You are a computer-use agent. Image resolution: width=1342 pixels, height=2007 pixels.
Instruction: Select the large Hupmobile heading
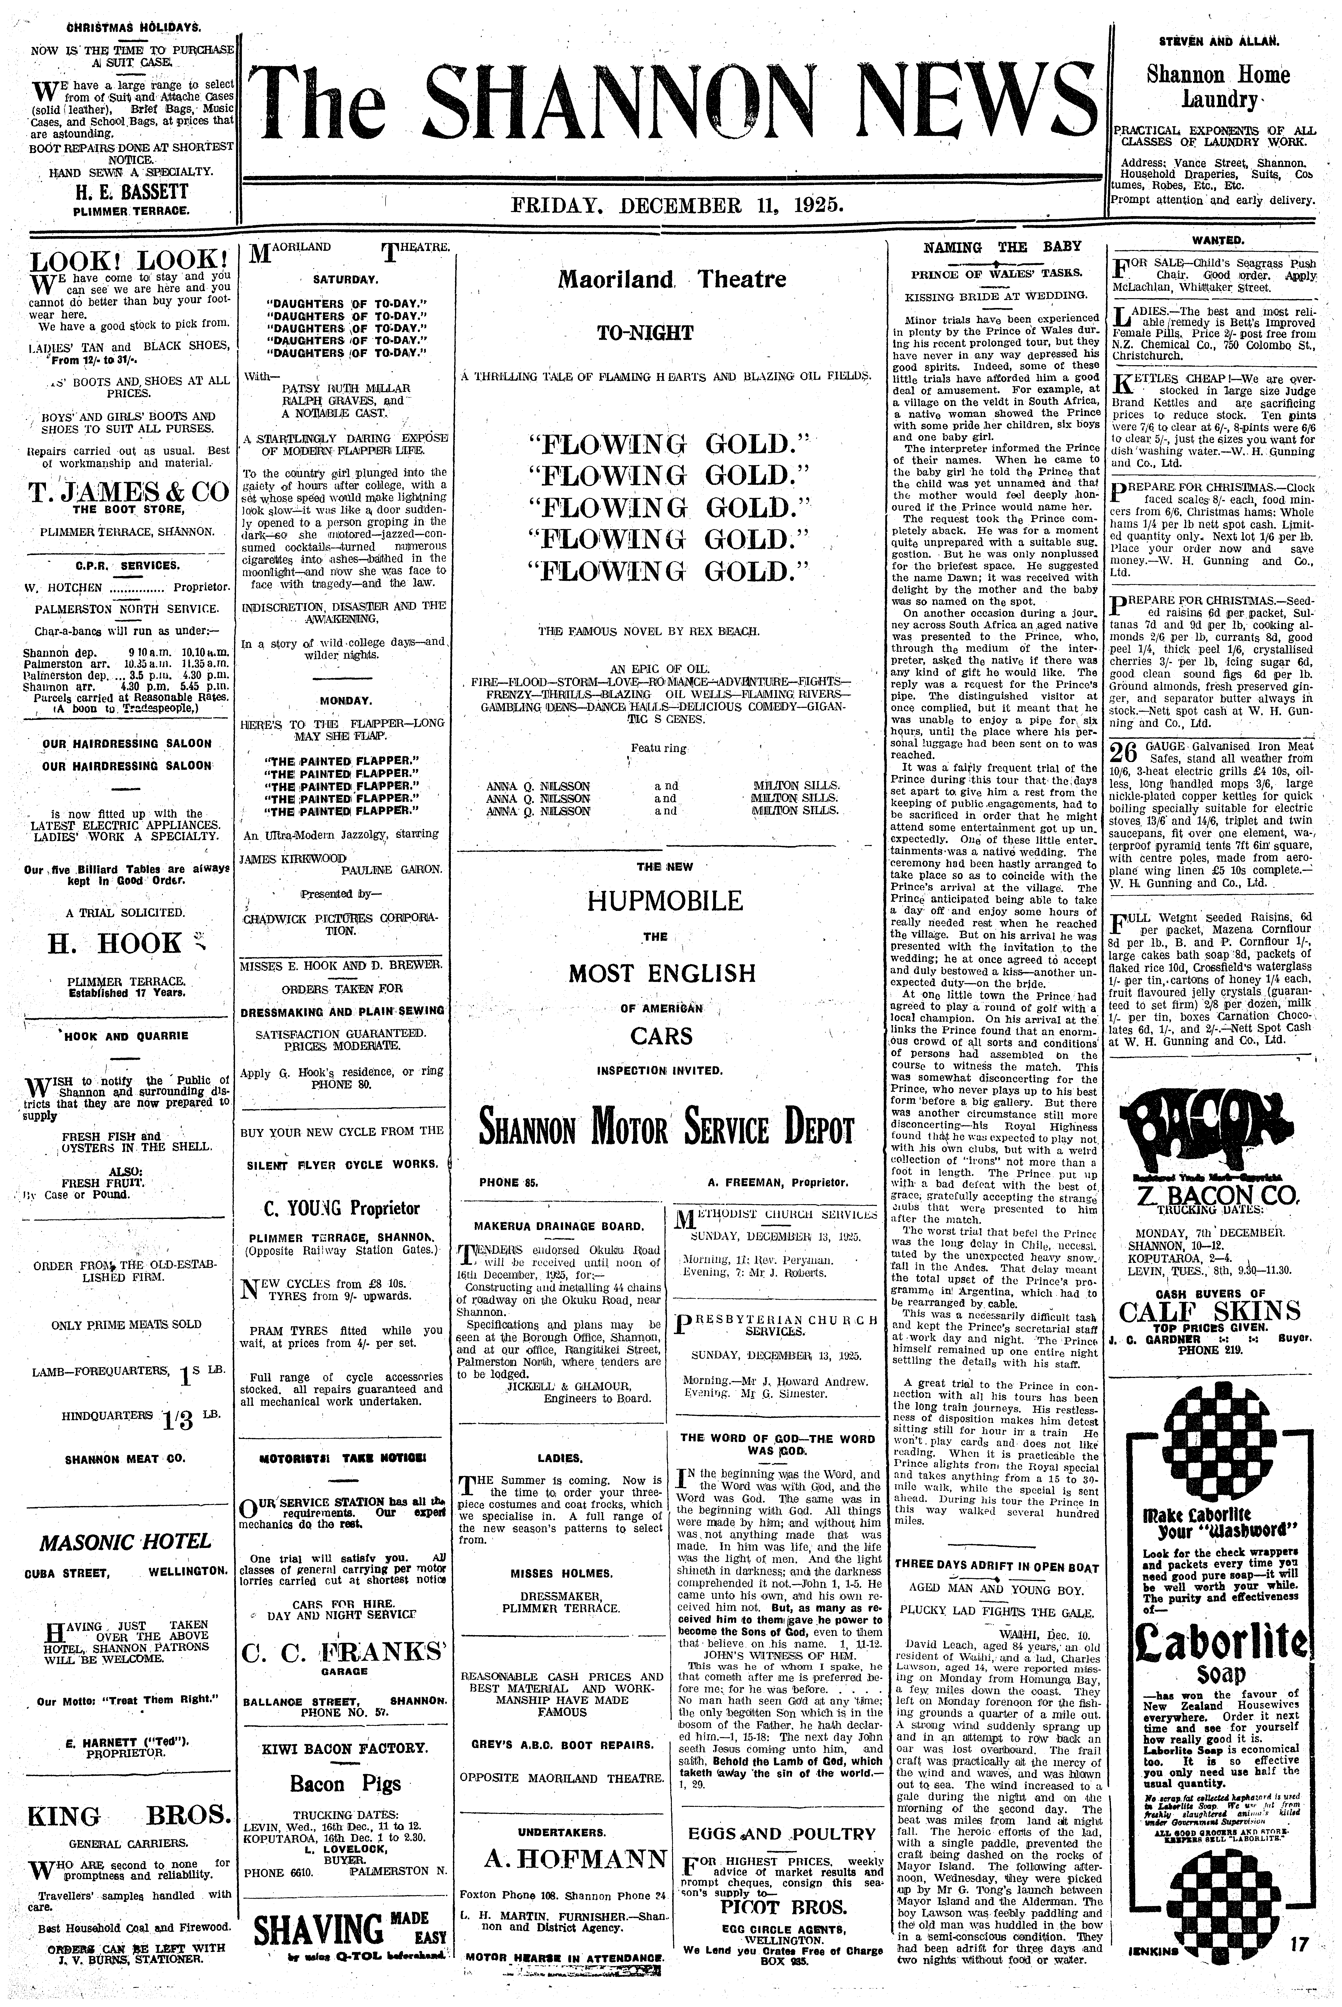point(664,900)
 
